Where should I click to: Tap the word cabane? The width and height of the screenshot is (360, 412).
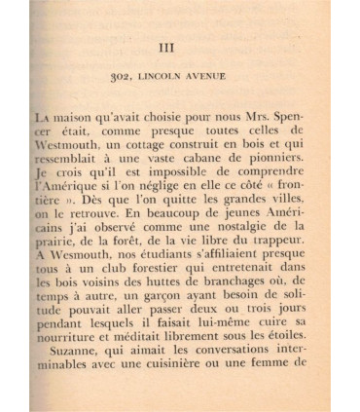coord(203,161)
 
